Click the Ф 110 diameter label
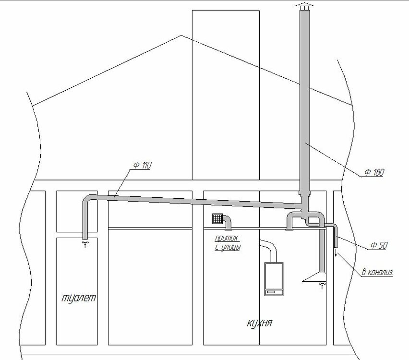pos(143,166)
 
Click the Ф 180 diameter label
pos(374,172)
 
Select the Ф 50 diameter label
pos(379,245)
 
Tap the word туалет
pos(79,298)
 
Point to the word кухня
pos(259,323)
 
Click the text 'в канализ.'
pos(377,272)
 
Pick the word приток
pos(227,239)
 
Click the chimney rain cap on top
pos(304,6)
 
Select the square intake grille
pos(217,218)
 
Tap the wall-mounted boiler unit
pos(274,279)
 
